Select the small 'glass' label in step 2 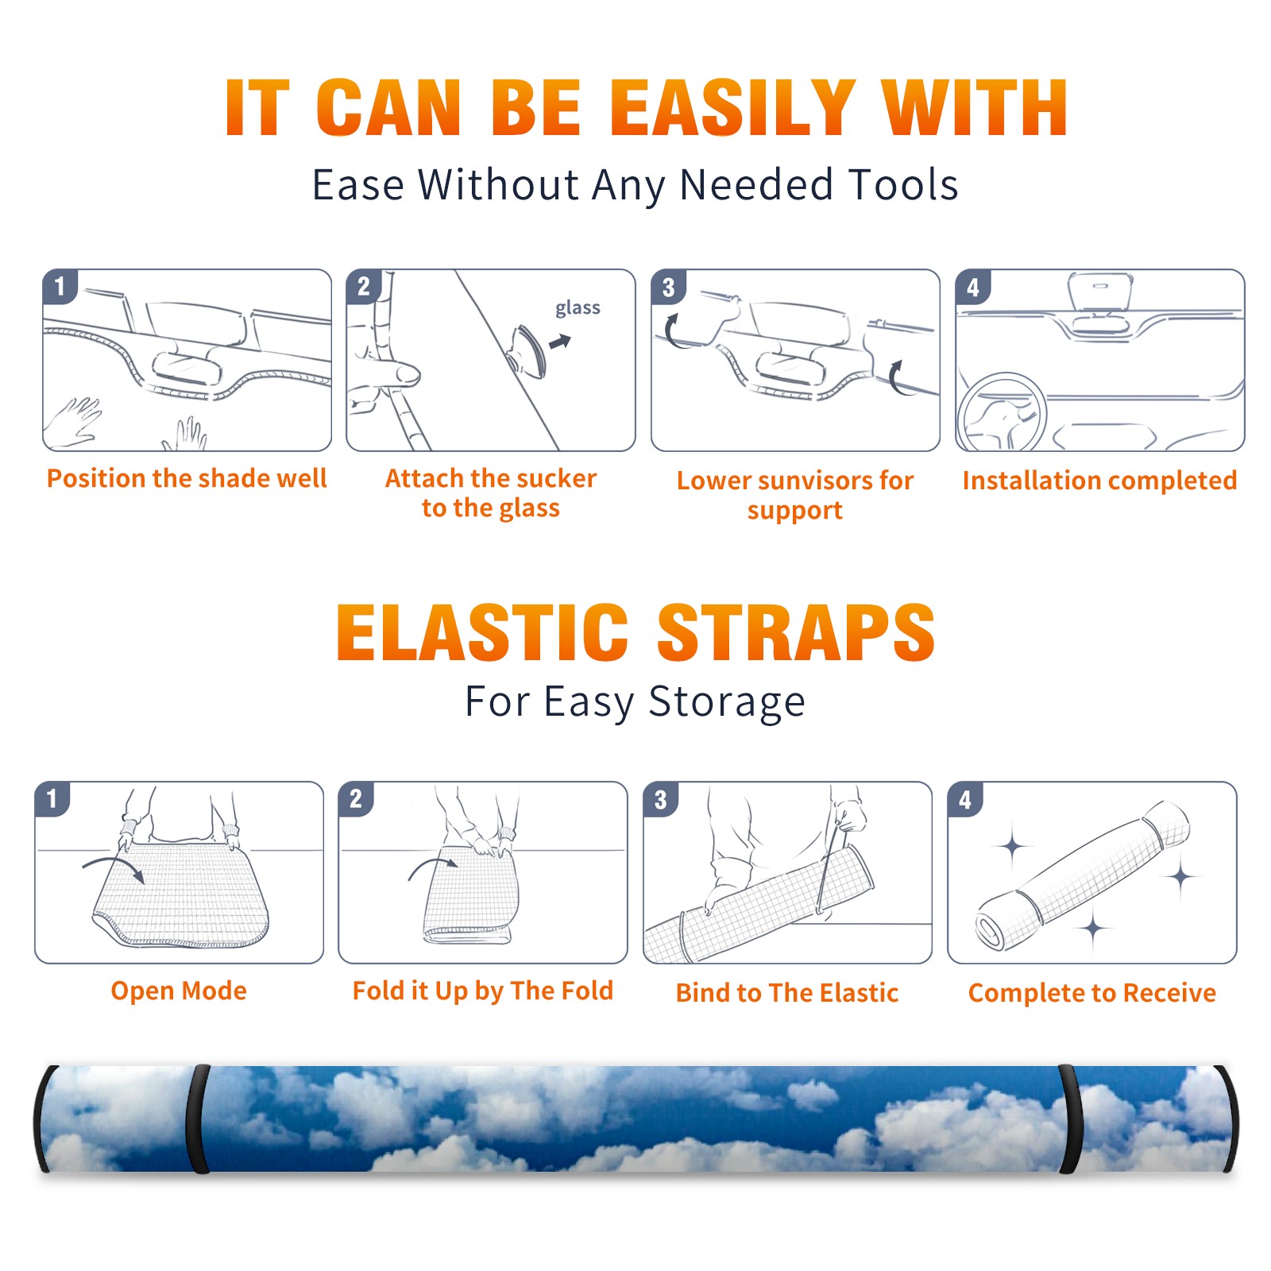pyautogui.click(x=578, y=308)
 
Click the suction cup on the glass pyautogui.click(x=528, y=350)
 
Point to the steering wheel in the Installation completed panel pyautogui.click(x=1002, y=412)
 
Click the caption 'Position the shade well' pyautogui.click(x=187, y=478)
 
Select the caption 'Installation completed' pyautogui.click(x=1099, y=481)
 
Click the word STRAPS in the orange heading pyautogui.click(x=796, y=632)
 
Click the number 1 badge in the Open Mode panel pyautogui.click(x=52, y=799)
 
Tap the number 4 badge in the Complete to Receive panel pyautogui.click(x=965, y=799)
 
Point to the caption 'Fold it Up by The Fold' pyautogui.click(x=483, y=991)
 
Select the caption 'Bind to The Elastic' pyautogui.click(x=787, y=993)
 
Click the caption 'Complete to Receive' pyautogui.click(x=1092, y=993)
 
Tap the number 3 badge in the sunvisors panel pyautogui.click(x=668, y=287)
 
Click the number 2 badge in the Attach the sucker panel pyautogui.click(x=364, y=287)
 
